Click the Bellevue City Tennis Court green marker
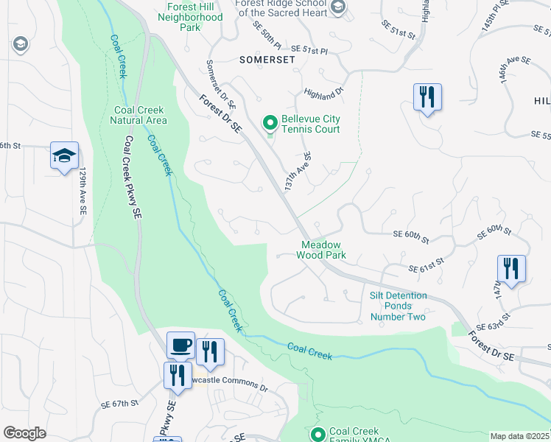click(270, 122)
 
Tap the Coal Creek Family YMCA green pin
click(318, 435)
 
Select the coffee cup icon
click(180, 345)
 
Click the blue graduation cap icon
click(65, 156)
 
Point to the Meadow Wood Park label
click(320, 250)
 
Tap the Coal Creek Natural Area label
click(140, 115)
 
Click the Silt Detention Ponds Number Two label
click(398, 306)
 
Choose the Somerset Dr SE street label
click(220, 83)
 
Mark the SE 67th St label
click(120, 404)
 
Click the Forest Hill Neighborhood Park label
click(191, 21)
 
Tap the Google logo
click(24, 432)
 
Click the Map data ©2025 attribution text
click(519, 436)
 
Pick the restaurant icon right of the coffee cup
click(210, 353)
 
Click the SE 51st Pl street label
click(310, 48)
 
